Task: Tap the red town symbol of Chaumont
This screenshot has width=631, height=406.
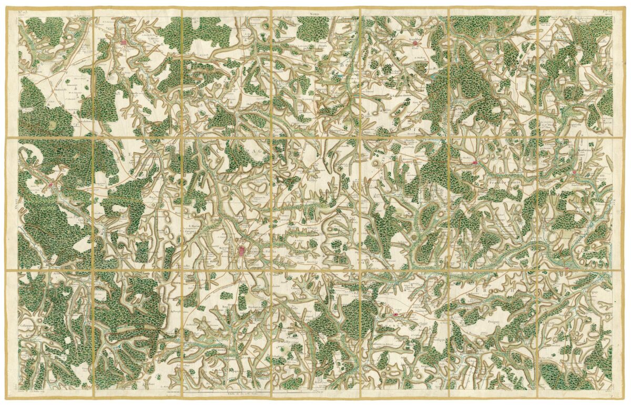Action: (x=125, y=42)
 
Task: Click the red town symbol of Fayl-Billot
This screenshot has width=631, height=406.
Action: (x=395, y=314)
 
